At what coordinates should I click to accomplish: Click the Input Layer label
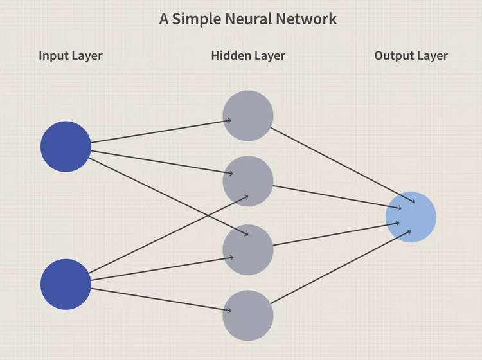tap(71, 56)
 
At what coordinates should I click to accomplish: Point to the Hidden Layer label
tap(248, 56)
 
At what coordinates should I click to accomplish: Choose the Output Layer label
tap(411, 56)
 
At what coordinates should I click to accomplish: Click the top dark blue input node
tap(66, 147)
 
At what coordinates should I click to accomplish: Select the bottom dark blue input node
tap(66, 284)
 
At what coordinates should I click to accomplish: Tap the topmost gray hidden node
tap(248, 116)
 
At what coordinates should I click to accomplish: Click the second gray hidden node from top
tap(248, 181)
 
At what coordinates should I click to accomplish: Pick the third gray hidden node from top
tap(248, 249)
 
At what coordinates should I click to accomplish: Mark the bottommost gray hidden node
tap(248, 316)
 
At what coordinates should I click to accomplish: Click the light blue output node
tap(411, 217)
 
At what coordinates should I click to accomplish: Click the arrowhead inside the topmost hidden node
tap(229, 120)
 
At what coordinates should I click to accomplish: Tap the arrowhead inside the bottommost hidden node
tap(229, 310)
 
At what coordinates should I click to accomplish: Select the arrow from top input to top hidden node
tap(161, 131)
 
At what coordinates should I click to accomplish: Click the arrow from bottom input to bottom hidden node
tap(161, 300)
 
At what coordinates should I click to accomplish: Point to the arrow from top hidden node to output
tap(343, 165)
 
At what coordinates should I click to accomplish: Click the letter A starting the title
tap(164, 19)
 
